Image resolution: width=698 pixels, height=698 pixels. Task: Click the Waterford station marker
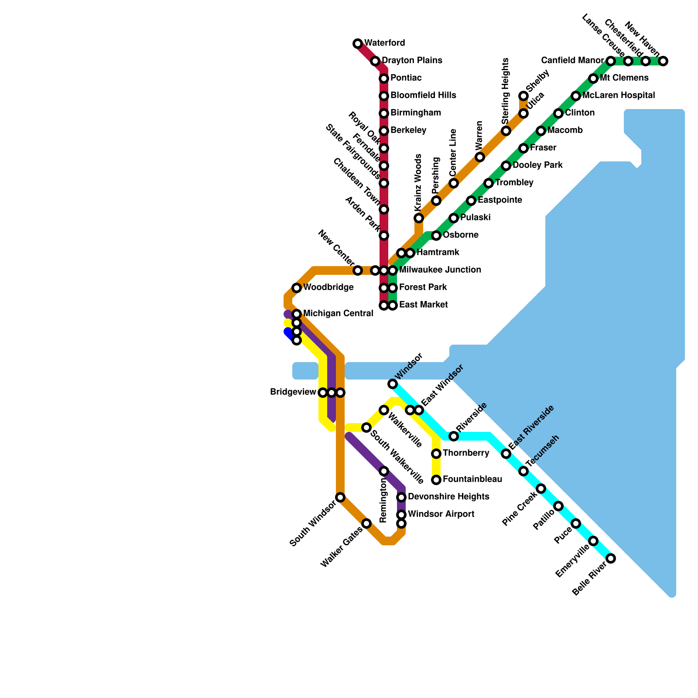pos(358,44)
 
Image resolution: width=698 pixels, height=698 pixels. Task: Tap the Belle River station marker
pos(611,558)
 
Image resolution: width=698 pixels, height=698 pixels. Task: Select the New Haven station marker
pos(663,61)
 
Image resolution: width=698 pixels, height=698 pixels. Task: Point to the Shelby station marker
pos(523,96)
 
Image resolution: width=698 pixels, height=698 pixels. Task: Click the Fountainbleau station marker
pos(436,480)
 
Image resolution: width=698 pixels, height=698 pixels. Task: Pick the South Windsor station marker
pos(340,497)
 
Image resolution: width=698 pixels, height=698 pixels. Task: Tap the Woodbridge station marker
pos(297,288)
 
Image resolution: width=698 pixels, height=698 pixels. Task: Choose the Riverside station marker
pos(454,436)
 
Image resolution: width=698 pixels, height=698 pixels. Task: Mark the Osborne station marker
pos(436,236)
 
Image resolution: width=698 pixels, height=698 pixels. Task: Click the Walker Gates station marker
pos(366,523)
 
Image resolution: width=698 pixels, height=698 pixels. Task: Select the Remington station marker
pos(384,471)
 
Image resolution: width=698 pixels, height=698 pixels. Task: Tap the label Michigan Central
pos(338,313)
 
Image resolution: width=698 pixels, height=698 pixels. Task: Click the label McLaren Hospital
pos(619,95)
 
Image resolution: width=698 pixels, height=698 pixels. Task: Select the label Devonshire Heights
pos(448,496)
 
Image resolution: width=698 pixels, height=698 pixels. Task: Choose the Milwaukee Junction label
pos(440,270)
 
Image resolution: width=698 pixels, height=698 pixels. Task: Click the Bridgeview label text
pos(293,392)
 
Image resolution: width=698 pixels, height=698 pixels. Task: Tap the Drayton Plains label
pos(412,60)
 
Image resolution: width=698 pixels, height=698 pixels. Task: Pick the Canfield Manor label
pos(572,60)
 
